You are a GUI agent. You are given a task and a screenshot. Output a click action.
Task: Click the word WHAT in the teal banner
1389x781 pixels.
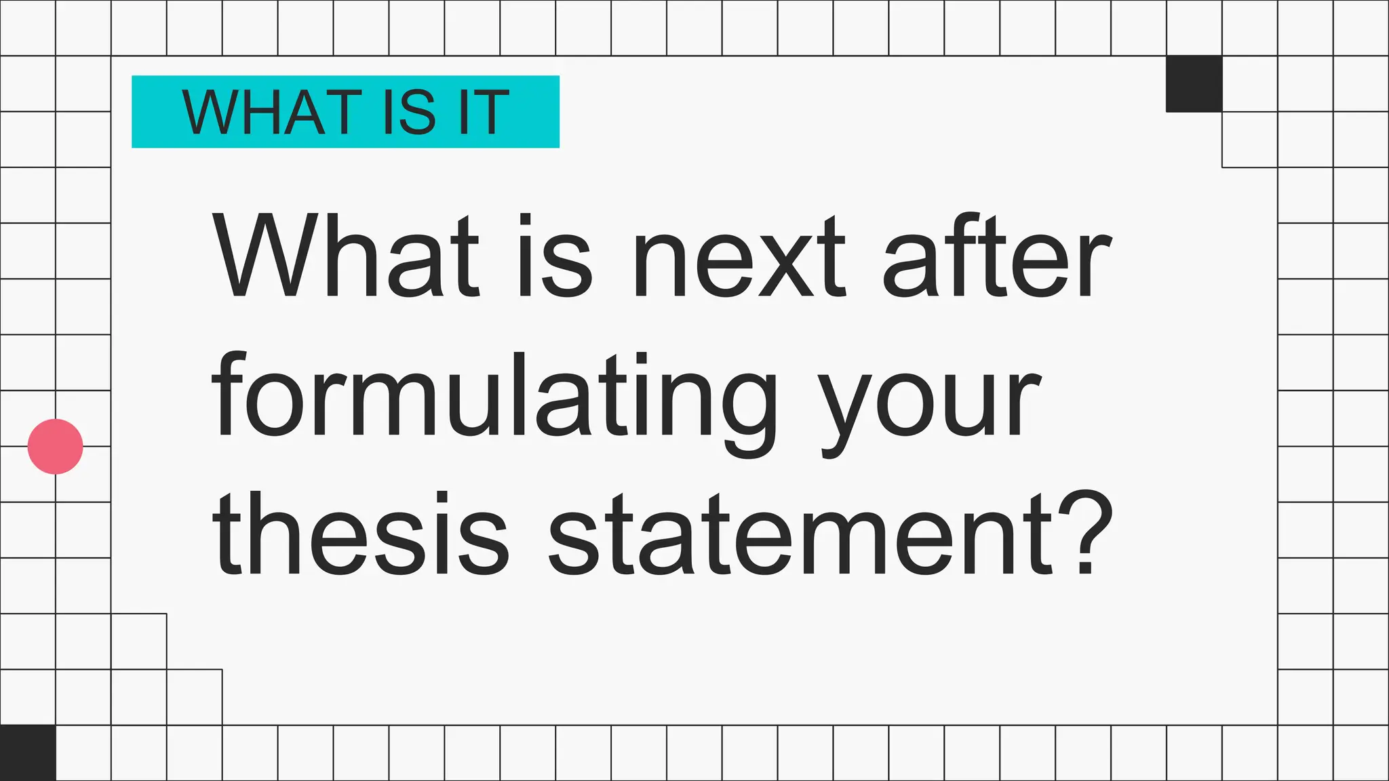[x=271, y=112]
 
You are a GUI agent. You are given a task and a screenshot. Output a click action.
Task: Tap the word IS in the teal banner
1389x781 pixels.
[x=408, y=112]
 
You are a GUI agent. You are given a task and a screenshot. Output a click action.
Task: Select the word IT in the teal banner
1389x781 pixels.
[x=484, y=112]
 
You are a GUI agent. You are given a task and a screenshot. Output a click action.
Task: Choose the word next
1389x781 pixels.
[x=739, y=258]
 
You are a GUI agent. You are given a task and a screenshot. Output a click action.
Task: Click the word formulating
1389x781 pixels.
[x=495, y=400]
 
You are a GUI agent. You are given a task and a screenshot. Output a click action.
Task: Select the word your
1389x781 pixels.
[x=929, y=407]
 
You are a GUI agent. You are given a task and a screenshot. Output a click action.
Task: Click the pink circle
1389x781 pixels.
[x=56, y=446]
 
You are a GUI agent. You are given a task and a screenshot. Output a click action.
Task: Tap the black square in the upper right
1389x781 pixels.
[x=1194, y=84]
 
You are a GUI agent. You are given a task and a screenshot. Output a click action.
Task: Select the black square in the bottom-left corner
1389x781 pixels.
[x=28, y=753]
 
